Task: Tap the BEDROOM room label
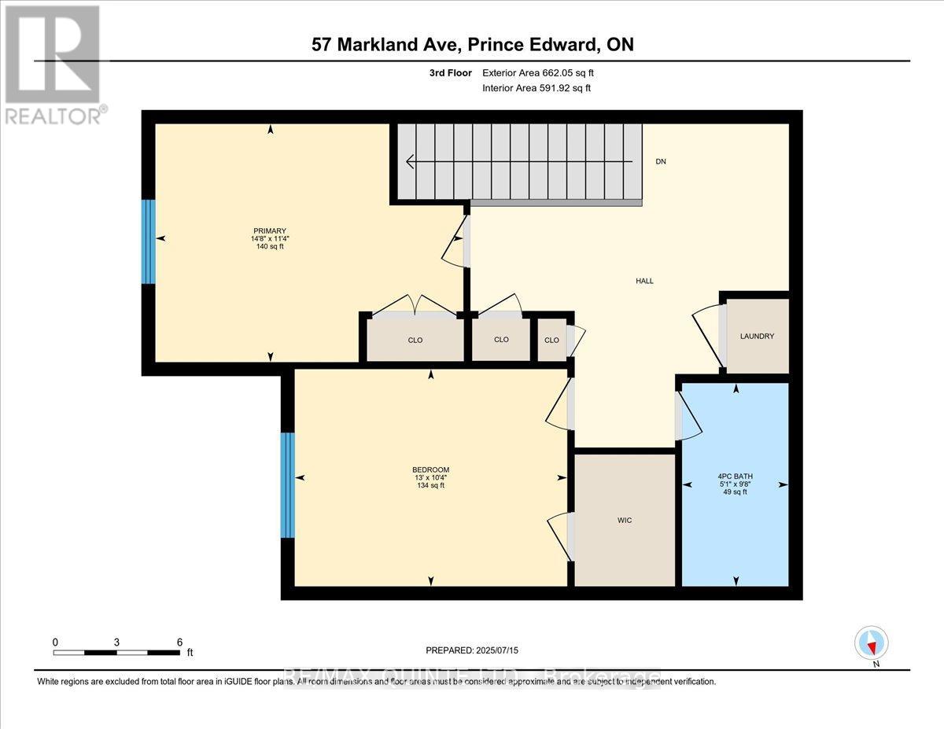tap(430, 469)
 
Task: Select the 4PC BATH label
tap(734, 476)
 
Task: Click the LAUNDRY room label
tap(757, 337)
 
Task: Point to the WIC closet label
tap(625, 521)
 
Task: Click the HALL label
tap(644, 281)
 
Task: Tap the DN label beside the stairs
tap(661, 161)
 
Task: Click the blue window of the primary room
tap(148, 241)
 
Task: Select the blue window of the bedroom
tap(288, 484)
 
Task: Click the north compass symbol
tap(871, 643)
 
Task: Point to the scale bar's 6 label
tap(179, 642)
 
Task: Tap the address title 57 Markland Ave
tap(472, 45)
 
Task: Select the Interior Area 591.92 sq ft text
tap(536, 88)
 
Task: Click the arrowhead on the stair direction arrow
tap(411, 162)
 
